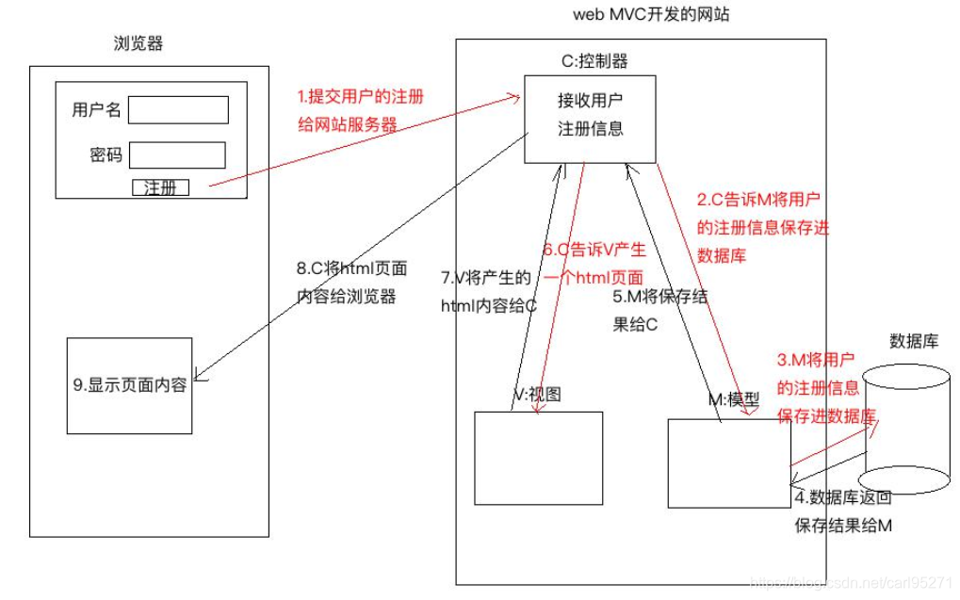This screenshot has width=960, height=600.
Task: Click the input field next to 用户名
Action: click(178, 110)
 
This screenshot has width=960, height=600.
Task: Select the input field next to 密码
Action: click(177, 154)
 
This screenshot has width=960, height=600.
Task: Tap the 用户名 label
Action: click(96, 110)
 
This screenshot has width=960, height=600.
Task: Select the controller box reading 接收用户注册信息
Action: click(590, 118)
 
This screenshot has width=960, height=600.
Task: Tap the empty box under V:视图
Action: click(538, 457)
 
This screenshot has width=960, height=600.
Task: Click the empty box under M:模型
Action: click(728, 463)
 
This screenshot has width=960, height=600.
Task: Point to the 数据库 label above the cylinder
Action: click(913, 341)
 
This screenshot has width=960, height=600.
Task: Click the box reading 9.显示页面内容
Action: click(129, 385)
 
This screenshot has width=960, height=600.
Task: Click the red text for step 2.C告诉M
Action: click(762, 227)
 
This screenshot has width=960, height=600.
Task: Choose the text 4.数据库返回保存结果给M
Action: click(842, 511)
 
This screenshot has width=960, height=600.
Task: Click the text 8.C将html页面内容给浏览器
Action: click(351, 282)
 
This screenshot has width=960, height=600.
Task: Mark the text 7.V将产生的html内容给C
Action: click(488, 291)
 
